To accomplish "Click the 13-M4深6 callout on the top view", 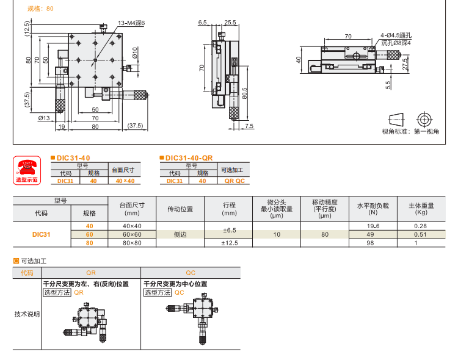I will point(129,23).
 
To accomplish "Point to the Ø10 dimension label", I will point(135,60).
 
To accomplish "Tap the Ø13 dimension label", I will point(43,118).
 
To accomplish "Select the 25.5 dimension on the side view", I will point(230,23).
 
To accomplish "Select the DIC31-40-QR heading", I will point(187,157).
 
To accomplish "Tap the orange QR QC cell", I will point(234,181).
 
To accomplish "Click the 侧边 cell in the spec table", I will point(180,234).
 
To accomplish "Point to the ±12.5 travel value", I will point(229,243).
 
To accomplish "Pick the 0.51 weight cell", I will point(420,234).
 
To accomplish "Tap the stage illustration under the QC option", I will point(192,316).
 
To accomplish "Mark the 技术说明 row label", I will point(27,314).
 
